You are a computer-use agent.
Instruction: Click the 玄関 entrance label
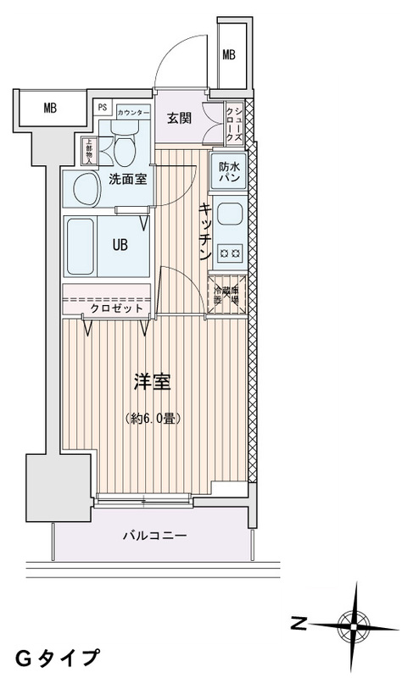[x=179, y=118]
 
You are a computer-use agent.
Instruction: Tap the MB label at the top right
[x=229, y=56]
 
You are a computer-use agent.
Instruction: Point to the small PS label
[x=103, y=108]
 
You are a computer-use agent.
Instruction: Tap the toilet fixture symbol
[x=125, y=148]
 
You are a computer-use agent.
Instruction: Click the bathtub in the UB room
[x=86, y=245]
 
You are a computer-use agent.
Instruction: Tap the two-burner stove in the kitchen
[x=229, y=250]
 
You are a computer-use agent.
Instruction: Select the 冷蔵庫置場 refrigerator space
[x=227, y=295]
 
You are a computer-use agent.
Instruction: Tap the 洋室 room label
[x=153, y=381]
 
